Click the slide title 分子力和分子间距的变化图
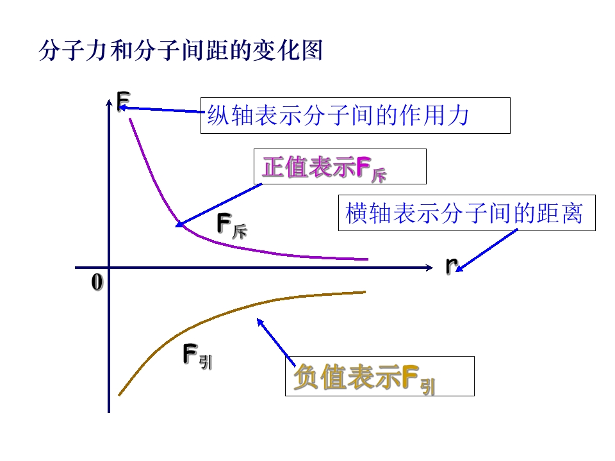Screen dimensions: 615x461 [x=181, y=50]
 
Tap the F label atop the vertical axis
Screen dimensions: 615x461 [x=124, y=101]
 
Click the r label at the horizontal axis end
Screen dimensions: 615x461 [x=452, y=265]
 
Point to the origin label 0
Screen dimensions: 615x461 [x=97, y=282]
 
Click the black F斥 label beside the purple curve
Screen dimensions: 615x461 [x=232, y=226]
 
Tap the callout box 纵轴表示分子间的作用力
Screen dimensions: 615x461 [x=356, y=116]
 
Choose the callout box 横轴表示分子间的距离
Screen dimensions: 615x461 [x=467, y=213]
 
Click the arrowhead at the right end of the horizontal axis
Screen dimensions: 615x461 [x=429, y=268]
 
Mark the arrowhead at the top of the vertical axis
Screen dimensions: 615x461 [x=109, y=102]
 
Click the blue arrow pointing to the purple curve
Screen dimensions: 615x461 [x=218, y=205]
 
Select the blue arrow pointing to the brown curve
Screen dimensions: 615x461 [x=276, y=342]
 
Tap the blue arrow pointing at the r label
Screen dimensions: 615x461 [x=487, y=250]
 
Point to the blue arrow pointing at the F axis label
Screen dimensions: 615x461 [x=161, y=109]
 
